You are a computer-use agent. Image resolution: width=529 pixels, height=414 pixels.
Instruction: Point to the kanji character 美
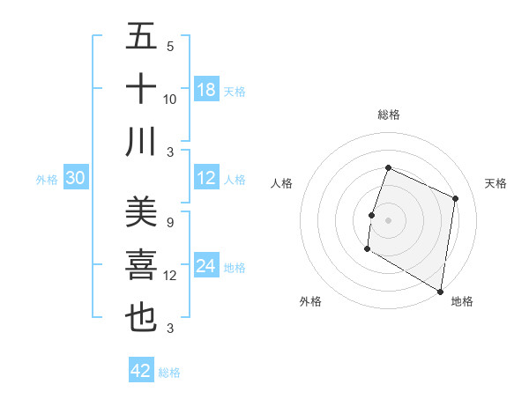(x=141, y=211)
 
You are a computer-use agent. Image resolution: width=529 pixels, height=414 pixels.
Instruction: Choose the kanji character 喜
(x=141, y=265)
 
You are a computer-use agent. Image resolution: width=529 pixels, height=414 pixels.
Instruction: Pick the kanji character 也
(x=141, y=318)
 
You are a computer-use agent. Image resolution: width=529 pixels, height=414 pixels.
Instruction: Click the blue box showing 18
(x=206, y=90)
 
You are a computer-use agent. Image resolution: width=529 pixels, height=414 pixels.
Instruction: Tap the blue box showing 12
(x=206, y=179)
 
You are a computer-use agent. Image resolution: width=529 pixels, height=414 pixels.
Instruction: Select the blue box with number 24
(x=206, y=267)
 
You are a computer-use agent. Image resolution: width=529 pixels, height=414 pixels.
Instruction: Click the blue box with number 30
(x=75, y=179)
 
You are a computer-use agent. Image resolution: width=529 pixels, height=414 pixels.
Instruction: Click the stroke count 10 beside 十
(x=170, y=99)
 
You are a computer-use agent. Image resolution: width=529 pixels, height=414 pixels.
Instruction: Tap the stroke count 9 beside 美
(x=170, y=222)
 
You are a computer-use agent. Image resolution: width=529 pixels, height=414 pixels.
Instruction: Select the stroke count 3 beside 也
(x=170, y=329)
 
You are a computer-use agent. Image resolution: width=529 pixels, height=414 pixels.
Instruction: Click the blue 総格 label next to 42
(x=169, y=373)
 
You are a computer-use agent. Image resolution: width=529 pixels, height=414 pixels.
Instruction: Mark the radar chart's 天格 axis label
(x=495, y=183)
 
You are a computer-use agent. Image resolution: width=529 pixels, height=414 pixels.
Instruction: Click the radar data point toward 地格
(x=440, y=291)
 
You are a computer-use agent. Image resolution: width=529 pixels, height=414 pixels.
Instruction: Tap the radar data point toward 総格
(x=388, y=167)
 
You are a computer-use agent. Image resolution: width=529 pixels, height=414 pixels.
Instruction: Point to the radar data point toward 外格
(x=367, y=249)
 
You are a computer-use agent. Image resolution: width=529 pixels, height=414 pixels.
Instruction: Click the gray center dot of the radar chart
(x=388, y=219)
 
